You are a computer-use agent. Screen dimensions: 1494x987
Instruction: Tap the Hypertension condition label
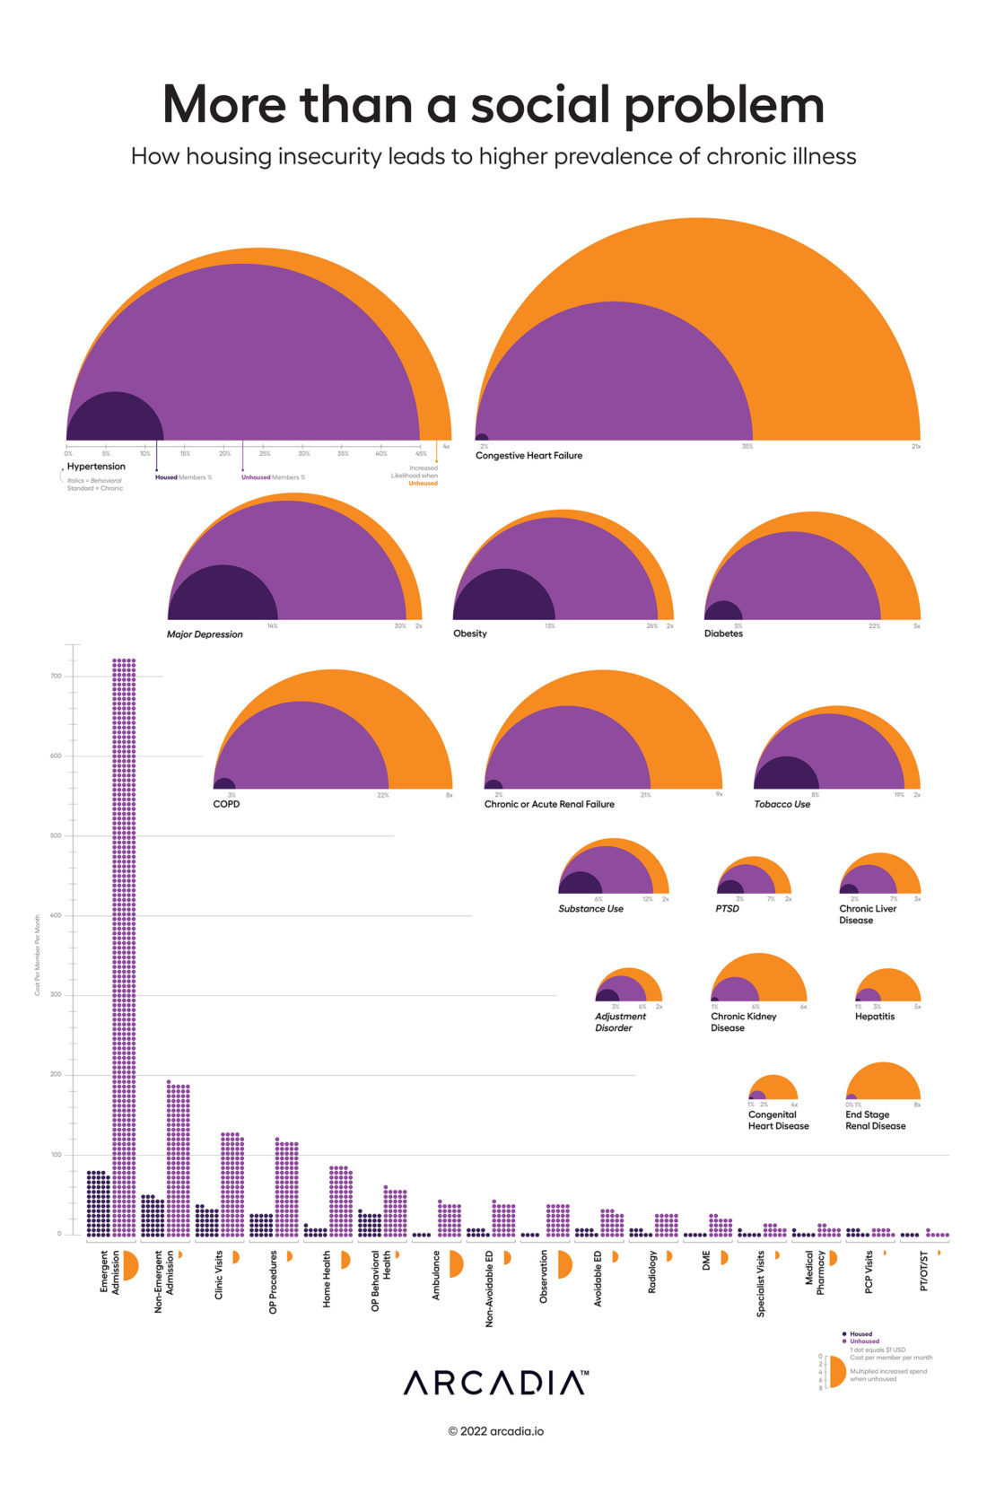click(96, 467)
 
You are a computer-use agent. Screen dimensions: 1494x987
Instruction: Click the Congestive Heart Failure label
click(528, 456)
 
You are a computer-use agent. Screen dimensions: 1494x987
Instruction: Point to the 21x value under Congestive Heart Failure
click(915, 447)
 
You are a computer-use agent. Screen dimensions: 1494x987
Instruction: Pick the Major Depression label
click(205, 634)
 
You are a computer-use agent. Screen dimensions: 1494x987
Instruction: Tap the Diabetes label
click(723, 633)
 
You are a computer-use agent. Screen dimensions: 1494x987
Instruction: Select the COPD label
click(226, 804)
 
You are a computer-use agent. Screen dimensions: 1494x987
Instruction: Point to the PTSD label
click(727, 909)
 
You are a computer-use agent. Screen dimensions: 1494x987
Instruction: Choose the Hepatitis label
click(874, 1017)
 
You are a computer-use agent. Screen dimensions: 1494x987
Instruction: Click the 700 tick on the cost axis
click(57, 677)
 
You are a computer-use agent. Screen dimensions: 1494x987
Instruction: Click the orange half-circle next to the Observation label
click(563, 1264)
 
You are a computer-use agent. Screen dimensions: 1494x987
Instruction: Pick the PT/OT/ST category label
click(924, 1271)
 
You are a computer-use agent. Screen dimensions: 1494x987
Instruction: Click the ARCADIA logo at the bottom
click(495, 1383)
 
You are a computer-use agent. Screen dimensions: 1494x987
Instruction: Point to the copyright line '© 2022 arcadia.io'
click(495, 1431)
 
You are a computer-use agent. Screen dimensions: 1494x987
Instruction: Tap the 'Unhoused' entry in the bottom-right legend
click(864, 1341)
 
